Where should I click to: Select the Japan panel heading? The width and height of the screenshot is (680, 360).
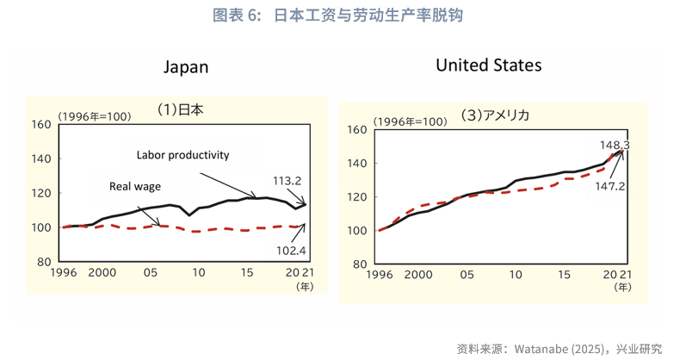[187, 67]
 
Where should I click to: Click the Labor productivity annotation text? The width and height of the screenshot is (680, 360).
[182, 155]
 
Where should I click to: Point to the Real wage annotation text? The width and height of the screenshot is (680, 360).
[135, 185]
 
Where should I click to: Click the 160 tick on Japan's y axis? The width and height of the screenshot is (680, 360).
[40, 124]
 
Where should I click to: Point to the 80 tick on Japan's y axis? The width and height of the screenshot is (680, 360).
[44, 262]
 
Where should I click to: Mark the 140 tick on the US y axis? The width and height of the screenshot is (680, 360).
[357, 164]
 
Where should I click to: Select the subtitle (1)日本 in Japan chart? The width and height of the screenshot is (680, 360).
[179, 109]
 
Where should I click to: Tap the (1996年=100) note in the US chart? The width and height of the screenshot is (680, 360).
[411, 121]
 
